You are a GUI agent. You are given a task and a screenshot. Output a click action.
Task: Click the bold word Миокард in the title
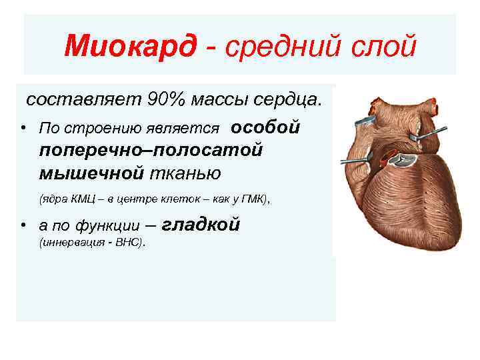pos(131,47)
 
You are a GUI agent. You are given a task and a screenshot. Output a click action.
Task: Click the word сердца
pos(291,99)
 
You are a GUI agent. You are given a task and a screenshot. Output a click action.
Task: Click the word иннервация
pos(71,243)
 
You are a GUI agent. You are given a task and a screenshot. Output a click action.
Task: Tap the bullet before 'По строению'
pos(23,128)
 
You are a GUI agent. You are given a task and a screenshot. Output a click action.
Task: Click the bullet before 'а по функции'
pos(23,226)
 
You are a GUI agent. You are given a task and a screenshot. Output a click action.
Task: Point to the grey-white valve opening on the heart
pos(404,159)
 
